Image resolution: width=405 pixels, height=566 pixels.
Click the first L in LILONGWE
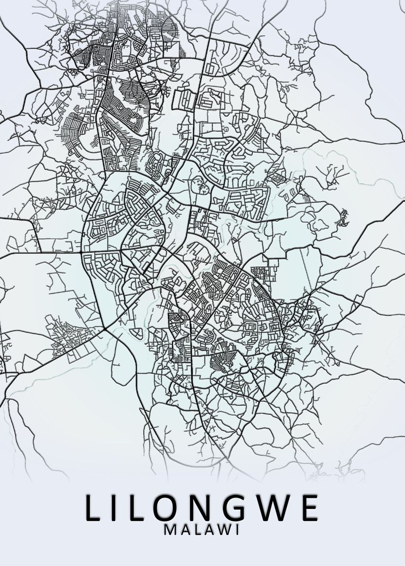(x=94, y=508)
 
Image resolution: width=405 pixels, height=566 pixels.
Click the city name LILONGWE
(x=202, y=508)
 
